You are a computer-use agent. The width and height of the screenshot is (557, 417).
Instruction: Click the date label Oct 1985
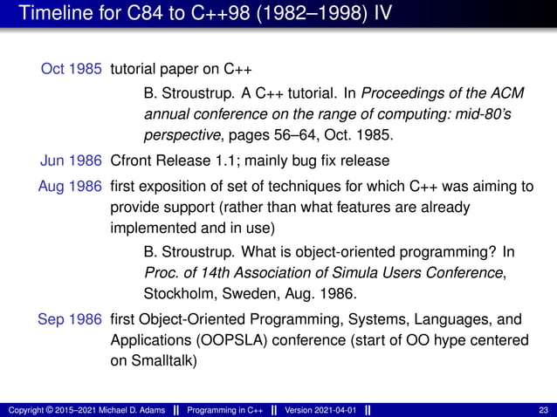click(x=73, y=70)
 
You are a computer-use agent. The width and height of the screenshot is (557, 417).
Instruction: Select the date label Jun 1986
click(x=73, y=161)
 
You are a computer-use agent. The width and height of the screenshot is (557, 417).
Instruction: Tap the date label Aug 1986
click(x=73, y=187)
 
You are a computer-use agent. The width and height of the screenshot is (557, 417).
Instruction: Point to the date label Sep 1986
click(x=73, y=319)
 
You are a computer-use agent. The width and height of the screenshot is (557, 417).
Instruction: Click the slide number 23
click(x=544, y=410)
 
